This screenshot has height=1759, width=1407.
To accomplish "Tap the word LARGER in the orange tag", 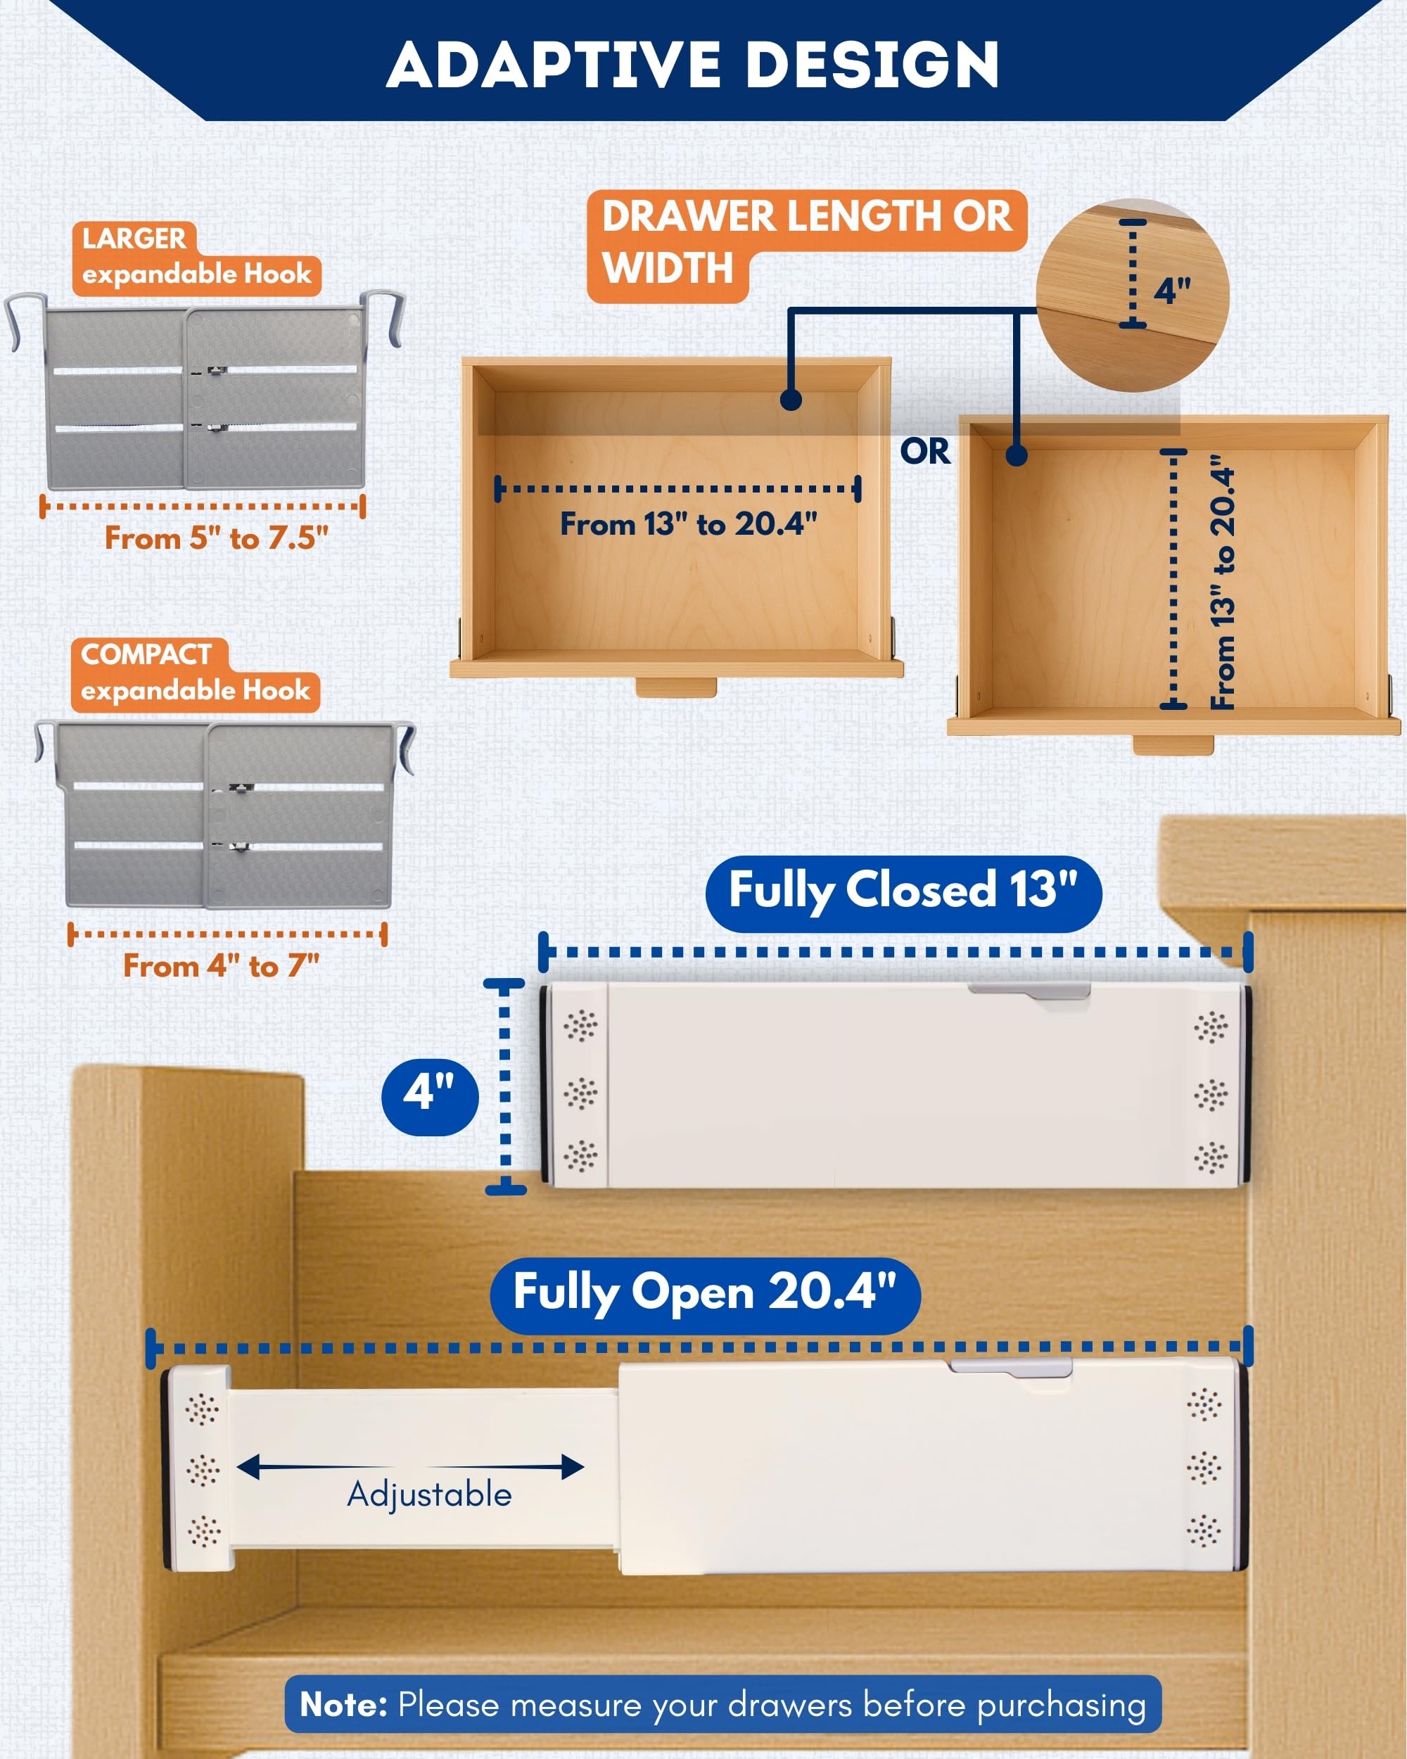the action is tap(134, 239).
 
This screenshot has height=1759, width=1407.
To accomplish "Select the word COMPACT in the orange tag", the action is tap(146, 654).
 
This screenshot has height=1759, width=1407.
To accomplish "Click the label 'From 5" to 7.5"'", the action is tap(216, 538).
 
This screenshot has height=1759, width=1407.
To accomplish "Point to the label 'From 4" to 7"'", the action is tap(221, 965).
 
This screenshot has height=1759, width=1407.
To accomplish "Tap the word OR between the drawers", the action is tap(925, 451).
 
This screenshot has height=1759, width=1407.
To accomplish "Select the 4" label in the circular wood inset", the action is tap(1172, 290).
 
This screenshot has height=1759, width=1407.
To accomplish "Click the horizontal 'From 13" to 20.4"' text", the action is tap(689, 523).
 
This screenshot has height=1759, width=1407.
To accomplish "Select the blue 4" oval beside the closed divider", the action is tap(430, 1096).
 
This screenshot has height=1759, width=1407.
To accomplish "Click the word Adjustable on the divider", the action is tap(429, 1494).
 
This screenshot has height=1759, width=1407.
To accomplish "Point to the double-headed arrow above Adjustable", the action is tap(410, 1467).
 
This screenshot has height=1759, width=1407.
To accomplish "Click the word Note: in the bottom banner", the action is tap(343, 1704).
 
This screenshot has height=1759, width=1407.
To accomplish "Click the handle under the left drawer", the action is tap(675, 687).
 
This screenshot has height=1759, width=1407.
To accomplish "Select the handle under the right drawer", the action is tap(1173, 744).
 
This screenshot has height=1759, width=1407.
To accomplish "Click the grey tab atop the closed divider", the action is tap(1029, 991).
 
